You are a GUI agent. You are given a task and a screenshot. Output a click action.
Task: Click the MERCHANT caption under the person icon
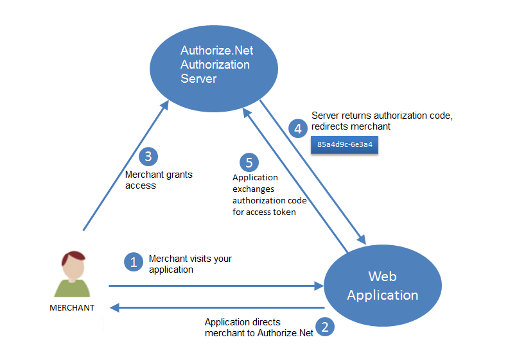pyautogui.click(x=72, y=308)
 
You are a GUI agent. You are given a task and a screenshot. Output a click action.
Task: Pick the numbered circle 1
pyautogui.click(x=134, y=262)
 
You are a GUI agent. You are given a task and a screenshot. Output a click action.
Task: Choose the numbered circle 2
pyautogui.click(x=326, y=327)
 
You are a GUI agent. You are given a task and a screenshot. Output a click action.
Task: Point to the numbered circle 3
pyautogui.click(x=148, y=157)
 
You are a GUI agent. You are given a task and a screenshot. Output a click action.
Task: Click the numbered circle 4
pyautogui.click(x=297, y=128)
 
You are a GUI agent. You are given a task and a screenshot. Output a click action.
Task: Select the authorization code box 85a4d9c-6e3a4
pyautogui.click(x=344, y=145)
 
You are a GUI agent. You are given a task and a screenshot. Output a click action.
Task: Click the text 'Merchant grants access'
pyautogui.click(x=158, y=180)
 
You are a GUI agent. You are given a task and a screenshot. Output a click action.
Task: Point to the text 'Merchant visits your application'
pyautogui.click(x=190, y=264)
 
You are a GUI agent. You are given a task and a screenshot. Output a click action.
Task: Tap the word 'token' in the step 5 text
pyautogui.click(x=283, y=212)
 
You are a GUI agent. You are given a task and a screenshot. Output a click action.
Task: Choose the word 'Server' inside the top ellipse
pyautogui.click(x=198, y=79)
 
